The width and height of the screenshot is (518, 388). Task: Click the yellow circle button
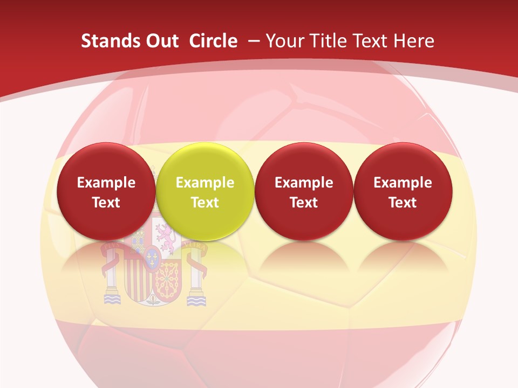205,191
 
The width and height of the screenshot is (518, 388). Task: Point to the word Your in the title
283,41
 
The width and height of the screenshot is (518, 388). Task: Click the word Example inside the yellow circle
205,183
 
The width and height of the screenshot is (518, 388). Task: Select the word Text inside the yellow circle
205,203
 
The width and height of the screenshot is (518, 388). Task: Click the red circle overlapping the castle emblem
106,191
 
